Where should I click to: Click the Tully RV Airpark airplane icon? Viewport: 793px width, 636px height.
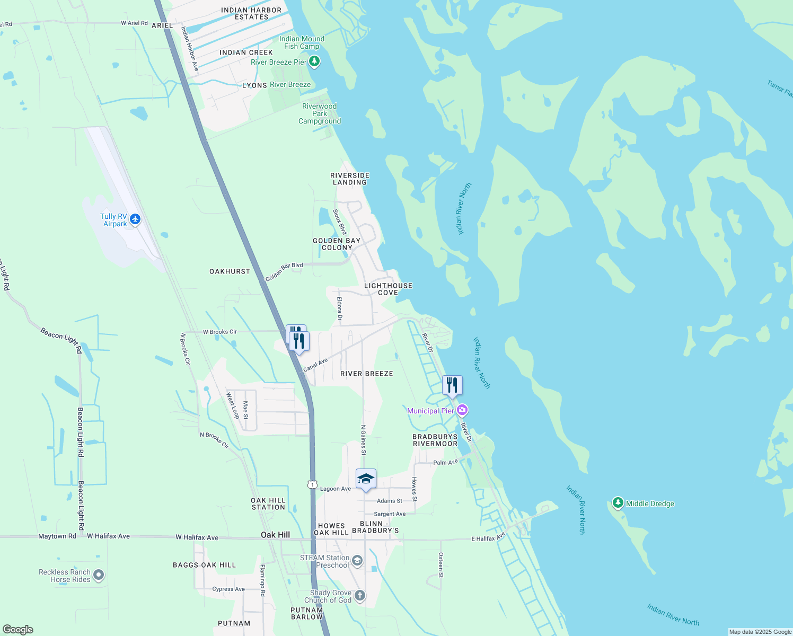(135, 219)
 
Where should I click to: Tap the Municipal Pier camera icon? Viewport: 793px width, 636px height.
(462, 410)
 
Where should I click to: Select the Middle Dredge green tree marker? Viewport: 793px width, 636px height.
(618, 502)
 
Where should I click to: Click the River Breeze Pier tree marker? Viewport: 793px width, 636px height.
(314, 62)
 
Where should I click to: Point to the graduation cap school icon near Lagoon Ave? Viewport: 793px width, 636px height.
(366, 479)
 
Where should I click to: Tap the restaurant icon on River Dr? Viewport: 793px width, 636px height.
(452, 385)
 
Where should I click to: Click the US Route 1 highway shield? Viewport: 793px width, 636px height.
(312, 484)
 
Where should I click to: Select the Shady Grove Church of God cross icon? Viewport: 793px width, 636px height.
(360, 596)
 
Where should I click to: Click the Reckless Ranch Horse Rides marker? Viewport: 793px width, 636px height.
(99, 575)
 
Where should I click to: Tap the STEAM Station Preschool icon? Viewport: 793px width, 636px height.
(357, 561)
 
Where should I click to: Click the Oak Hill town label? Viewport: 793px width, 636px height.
(275, 535)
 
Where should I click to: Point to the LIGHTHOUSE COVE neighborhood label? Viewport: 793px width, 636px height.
(388, 289)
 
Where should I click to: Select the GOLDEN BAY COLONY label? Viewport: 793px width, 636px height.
(337, 244)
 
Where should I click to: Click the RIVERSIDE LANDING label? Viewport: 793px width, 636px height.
(350, 179)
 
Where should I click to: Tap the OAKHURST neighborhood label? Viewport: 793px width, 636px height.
(230, 271)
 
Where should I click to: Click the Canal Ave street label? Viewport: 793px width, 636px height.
(315, 365)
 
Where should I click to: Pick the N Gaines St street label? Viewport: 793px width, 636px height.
(364, 440)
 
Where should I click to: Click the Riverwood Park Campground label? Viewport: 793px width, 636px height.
(320, 113)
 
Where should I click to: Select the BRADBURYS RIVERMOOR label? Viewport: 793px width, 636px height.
(435, 440)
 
